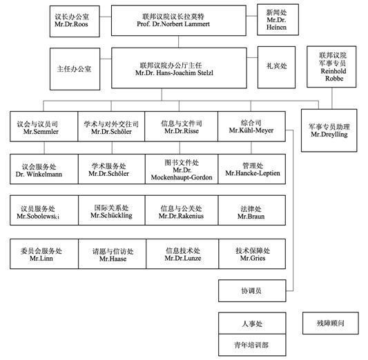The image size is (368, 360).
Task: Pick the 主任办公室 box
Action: tap(77, 68)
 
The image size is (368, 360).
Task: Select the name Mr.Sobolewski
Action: tap(39, 217)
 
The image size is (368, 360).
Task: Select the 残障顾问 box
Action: tap(331, 321)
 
